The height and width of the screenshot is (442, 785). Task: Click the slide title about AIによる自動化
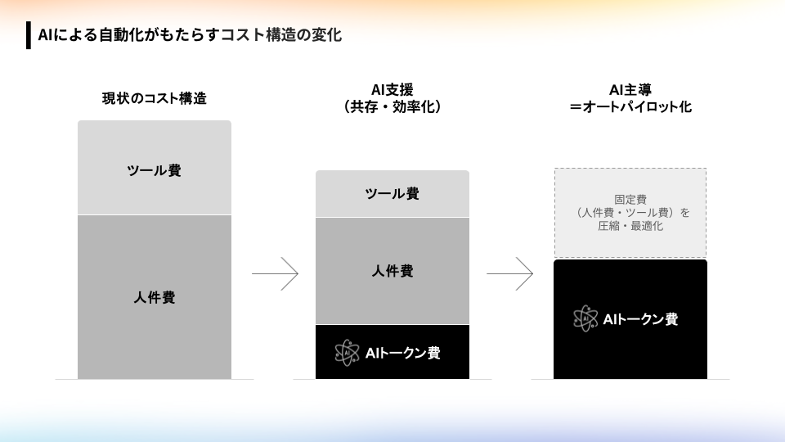190,35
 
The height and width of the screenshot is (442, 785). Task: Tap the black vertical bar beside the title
29,35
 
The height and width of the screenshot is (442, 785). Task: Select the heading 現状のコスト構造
155,98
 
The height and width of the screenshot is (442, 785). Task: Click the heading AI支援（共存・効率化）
392,98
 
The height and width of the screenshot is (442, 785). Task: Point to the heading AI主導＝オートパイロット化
630,98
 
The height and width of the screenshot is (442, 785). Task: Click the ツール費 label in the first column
155,170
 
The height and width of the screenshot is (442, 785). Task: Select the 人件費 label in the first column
155,298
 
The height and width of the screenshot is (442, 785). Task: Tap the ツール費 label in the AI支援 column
392,193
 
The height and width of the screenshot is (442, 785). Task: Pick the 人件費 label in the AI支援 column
392,271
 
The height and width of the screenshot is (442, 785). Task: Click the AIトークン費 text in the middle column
403,354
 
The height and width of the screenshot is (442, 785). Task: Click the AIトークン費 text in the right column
641,319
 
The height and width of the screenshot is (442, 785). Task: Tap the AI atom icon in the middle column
347,353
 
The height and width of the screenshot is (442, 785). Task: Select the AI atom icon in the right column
585,318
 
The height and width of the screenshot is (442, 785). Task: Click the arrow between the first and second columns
275,273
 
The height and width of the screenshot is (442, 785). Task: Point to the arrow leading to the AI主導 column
509,273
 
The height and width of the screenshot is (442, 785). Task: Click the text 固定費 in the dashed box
630,200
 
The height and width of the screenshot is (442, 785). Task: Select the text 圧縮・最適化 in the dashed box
630,226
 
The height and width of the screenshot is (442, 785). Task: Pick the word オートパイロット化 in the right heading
637,106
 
